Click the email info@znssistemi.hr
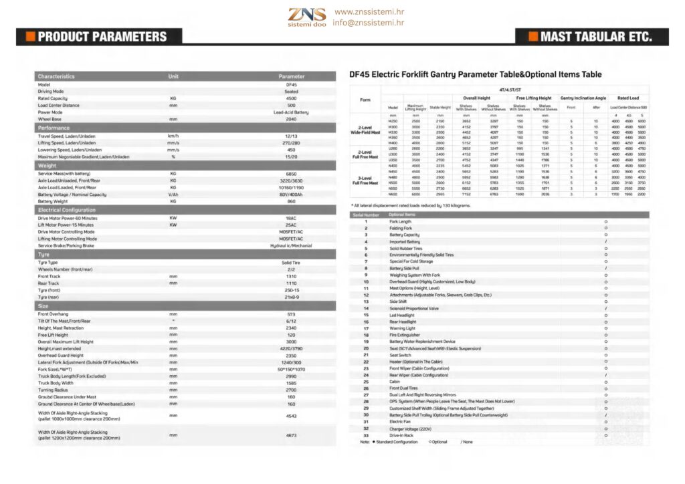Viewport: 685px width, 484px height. click(369, 23)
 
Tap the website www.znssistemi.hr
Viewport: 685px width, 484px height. click(369, 12)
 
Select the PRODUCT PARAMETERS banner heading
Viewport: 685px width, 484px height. click(102, 37)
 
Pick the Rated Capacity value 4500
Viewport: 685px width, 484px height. click(291, 98)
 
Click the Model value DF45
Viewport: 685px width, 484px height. click(291, 85)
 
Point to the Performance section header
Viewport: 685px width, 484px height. click(54, 128)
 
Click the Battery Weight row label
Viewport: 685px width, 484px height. click(54, 201)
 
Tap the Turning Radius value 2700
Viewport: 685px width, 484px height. click(291, 390)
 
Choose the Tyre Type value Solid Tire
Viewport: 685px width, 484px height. click(291, 263)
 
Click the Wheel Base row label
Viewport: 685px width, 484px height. click(51, 119)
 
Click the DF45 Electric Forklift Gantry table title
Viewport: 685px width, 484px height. click(476, 75)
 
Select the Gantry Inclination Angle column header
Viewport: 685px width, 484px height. click(583, 98)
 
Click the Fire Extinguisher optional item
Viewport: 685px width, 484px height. click(405, 335)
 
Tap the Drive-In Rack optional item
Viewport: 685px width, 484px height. click(401, 435)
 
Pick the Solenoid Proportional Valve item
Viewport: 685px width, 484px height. click(414, 308)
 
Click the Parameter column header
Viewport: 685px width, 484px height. click(291, 76)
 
